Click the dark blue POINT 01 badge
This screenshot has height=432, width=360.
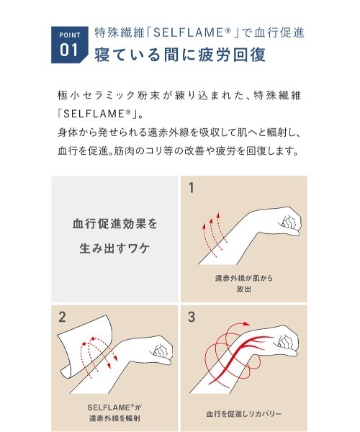tap(68, 45)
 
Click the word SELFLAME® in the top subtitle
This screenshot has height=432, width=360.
tap(179, 32)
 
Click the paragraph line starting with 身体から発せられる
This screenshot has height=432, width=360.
tap(179, 132)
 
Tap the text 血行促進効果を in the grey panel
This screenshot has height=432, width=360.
tap(114, 223)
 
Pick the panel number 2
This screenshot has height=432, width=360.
tap(63, 316)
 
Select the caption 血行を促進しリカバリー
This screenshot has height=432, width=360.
tap(243, 414)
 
